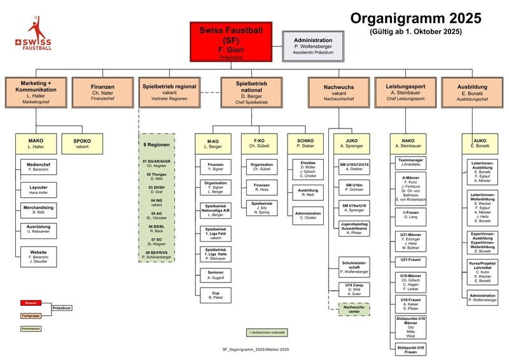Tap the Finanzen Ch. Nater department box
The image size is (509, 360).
(102, 93)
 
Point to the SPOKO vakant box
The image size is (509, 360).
(82, 143)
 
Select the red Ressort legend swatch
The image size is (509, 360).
(29, 302)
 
